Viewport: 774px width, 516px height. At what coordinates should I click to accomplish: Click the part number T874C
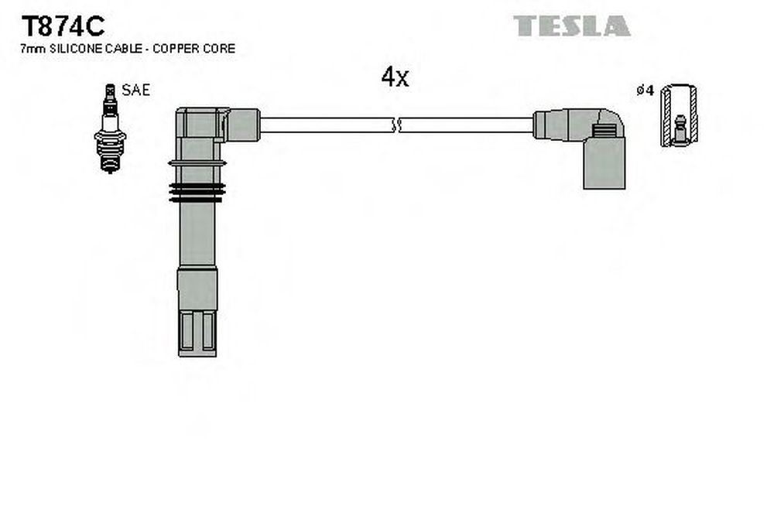click(x=63, y=26)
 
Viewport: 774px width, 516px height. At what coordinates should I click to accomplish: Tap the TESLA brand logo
click(x=572, y=26)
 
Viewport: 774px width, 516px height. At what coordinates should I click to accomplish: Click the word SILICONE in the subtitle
click(x=76, y=48)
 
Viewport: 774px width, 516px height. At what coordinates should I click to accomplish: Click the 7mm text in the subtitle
click(x=33, y=49)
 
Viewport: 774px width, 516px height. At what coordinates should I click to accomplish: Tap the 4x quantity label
click(x=395, y=77)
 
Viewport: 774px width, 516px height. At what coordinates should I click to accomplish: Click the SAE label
click(x=135, y=90)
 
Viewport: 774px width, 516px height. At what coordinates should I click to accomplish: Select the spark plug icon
click(x=110, y=128)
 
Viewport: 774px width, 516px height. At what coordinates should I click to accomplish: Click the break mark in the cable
click(x=396, y=125)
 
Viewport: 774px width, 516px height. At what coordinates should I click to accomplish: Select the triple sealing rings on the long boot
click(x=197, y=193)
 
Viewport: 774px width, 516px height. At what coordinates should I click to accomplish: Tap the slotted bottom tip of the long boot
click(x=197, y=333)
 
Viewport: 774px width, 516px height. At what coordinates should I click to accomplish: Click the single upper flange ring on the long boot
click(x=197, y=163)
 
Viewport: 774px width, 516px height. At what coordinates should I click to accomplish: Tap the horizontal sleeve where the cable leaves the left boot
click(x=243, y=125)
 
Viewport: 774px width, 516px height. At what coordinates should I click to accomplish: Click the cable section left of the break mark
click(x=327, y=125)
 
